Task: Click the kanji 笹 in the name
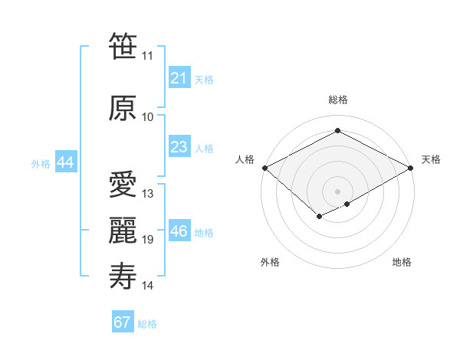(123, 46)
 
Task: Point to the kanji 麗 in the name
(123, 229)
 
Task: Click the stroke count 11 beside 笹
(148, 56)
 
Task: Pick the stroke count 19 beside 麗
(148, 240)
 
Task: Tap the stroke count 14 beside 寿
(148, 286)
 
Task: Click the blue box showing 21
(179, 78)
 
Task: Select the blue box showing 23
(179, 147)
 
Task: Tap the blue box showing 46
(179, 231)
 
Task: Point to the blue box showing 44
(65, 162)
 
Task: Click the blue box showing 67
(123, 322)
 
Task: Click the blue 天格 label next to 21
(204, 79)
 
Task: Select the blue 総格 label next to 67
(147, 324)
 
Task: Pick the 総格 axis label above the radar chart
(337, 100)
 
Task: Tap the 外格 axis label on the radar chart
(270, 263)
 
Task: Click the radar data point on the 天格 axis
(412, 168)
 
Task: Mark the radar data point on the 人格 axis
(264, 168)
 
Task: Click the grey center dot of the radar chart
(337, 191)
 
